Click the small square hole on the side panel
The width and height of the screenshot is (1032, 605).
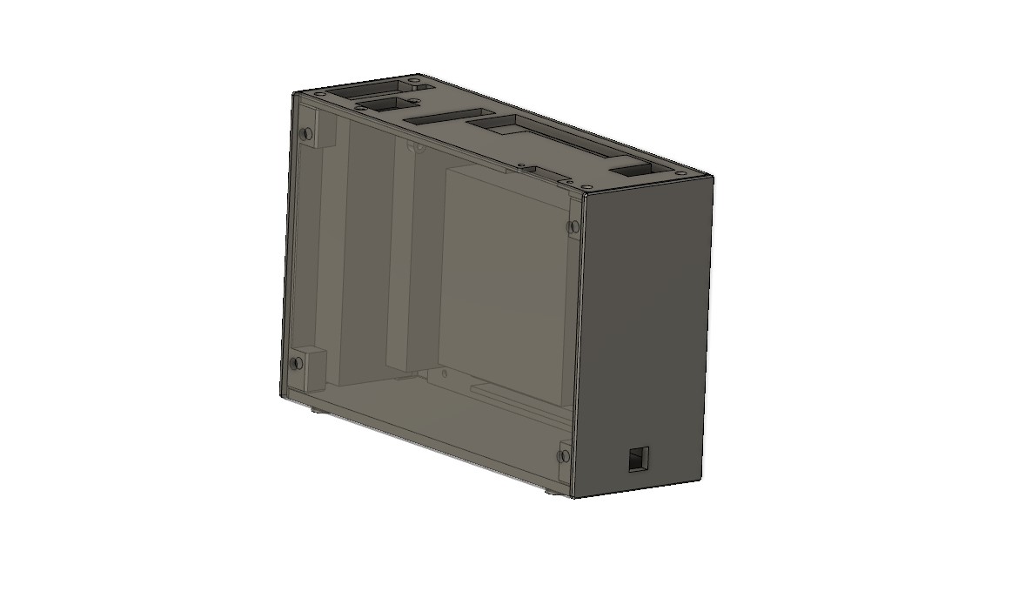pyautogui.click(x=639, y=458)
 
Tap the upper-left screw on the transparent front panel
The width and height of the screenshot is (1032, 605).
pyautogui.click(x=305, y=133)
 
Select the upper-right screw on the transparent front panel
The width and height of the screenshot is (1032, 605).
pyautogui.click(x=572, y=227)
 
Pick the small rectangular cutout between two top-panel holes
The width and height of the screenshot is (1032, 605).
pyautogui.click(x=381, y=104)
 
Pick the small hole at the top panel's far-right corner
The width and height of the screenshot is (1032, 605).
pyautogui.click(x=680, y=174)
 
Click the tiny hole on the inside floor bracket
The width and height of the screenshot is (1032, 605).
pyautogui.click(x=446, y=373)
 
